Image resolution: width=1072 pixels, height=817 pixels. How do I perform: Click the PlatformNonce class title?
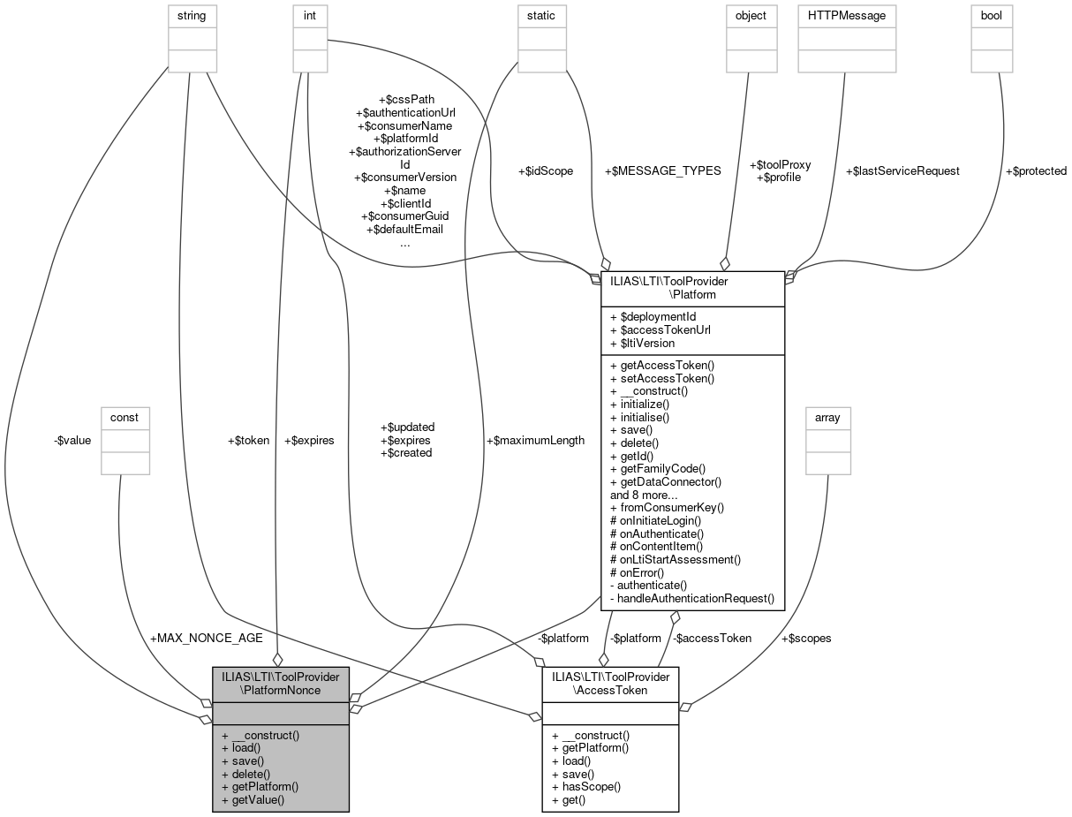tap(281, 682)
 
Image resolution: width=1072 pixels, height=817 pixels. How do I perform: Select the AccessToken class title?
tap(610, 682)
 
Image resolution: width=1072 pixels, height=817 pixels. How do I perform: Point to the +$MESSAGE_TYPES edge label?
tap(662, 170)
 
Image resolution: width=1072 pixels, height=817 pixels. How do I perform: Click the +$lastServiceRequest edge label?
tap(902, 170)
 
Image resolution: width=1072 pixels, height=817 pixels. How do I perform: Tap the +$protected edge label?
tap(1036, 170)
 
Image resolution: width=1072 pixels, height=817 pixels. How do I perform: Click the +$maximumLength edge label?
tap(535, 440)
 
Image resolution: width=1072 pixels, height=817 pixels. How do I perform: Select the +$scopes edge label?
tap(806, 638)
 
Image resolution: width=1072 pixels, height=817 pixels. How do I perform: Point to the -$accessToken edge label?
tap(711, 638)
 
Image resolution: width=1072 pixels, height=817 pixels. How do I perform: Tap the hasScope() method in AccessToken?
tap(586, 786)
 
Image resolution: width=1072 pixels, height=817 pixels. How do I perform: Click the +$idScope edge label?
tap(545, 170)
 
